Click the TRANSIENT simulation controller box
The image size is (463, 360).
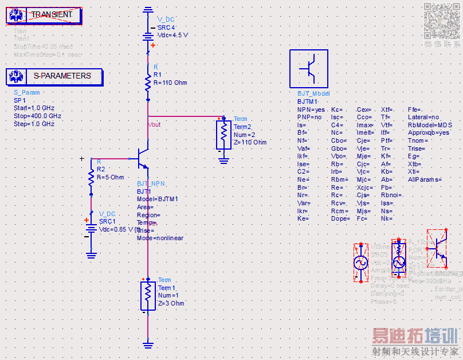(x=44, y=14)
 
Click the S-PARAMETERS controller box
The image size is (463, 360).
(x=54, y=76)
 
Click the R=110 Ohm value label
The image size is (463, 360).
(x=170, y=83)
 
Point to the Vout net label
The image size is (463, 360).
(x=155, y=124)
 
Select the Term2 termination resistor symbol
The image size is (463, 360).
(x=223, y=135)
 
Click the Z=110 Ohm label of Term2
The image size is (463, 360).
(x=250, y=142)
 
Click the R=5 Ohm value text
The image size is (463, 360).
(x=110, y=177)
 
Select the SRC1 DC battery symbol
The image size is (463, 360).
(x=91, y=228)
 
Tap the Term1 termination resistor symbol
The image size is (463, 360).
(x=148, y=295)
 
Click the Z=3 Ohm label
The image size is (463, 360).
(x=171, y=303)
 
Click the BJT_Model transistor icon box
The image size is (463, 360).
(x=309, y=69)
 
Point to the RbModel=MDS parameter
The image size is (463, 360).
(x=430, y=125)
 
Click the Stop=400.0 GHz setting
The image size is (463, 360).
(x=37, y=116)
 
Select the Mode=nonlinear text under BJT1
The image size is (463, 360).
(x=160, y=238)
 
